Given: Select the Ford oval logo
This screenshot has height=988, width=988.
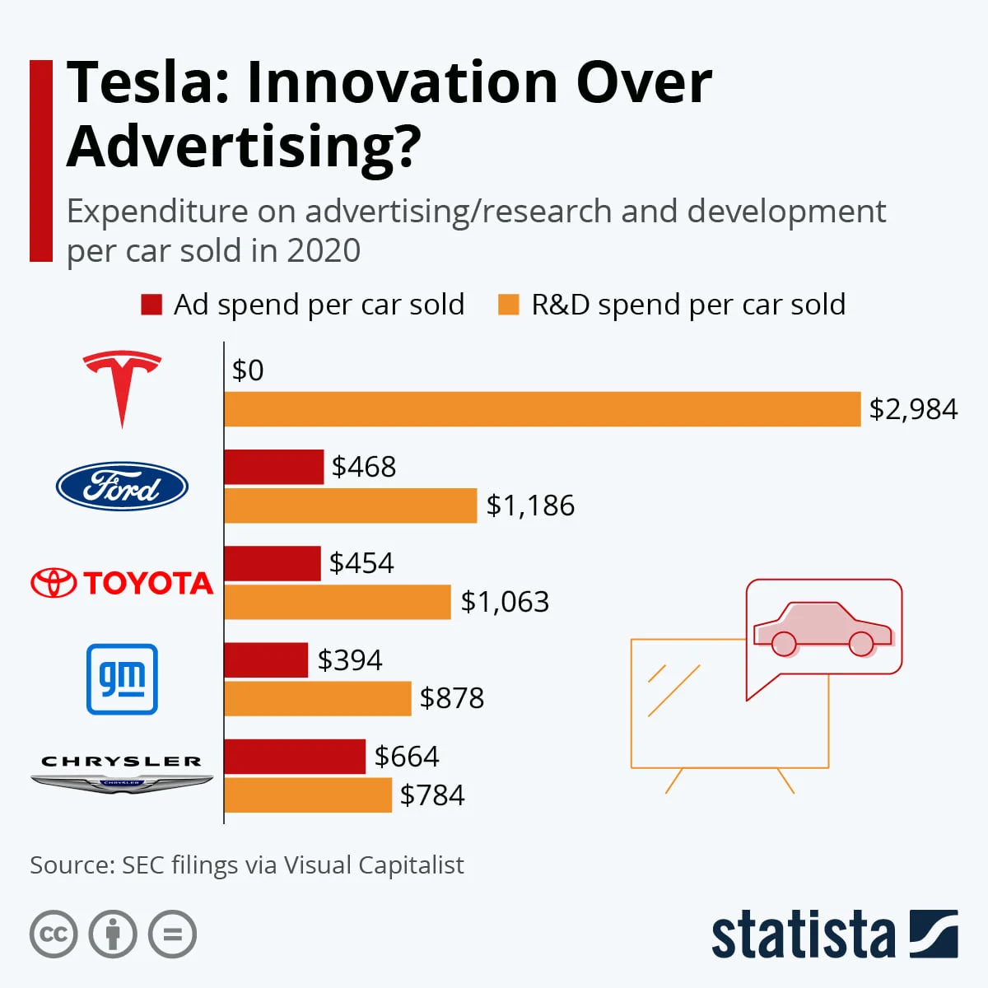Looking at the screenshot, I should click(122, 487).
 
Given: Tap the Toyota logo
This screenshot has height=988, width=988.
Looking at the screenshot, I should click(122, 583).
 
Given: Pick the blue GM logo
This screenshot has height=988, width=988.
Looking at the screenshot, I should click(122, 679).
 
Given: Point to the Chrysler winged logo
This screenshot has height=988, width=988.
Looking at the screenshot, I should click(122, 774).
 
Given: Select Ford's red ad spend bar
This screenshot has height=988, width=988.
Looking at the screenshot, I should click(273, 467).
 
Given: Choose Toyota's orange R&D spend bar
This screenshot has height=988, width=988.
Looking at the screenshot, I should click(338, 602).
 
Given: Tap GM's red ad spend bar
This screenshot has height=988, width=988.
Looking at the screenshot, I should click(266, 660).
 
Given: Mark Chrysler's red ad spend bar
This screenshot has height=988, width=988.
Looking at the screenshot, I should click(294, 757).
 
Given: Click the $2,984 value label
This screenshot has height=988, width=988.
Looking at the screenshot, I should click(913, 409).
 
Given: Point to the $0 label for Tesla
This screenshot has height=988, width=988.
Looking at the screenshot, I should click(248, 370).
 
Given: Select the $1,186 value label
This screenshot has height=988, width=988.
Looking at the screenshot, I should click(530, 506).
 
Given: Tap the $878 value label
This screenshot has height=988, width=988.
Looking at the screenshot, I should click(452, 698).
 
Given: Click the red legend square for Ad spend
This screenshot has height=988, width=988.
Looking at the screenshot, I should click(151, 305).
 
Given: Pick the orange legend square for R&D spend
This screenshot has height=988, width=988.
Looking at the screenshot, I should click(509, 305).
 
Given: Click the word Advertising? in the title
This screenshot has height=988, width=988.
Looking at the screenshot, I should click(244, 146).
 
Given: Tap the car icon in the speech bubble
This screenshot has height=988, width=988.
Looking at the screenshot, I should click(823, 629).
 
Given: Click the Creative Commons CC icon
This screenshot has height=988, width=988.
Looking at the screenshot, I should click(54, 934).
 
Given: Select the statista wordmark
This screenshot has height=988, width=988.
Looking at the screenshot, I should click(803, 934).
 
